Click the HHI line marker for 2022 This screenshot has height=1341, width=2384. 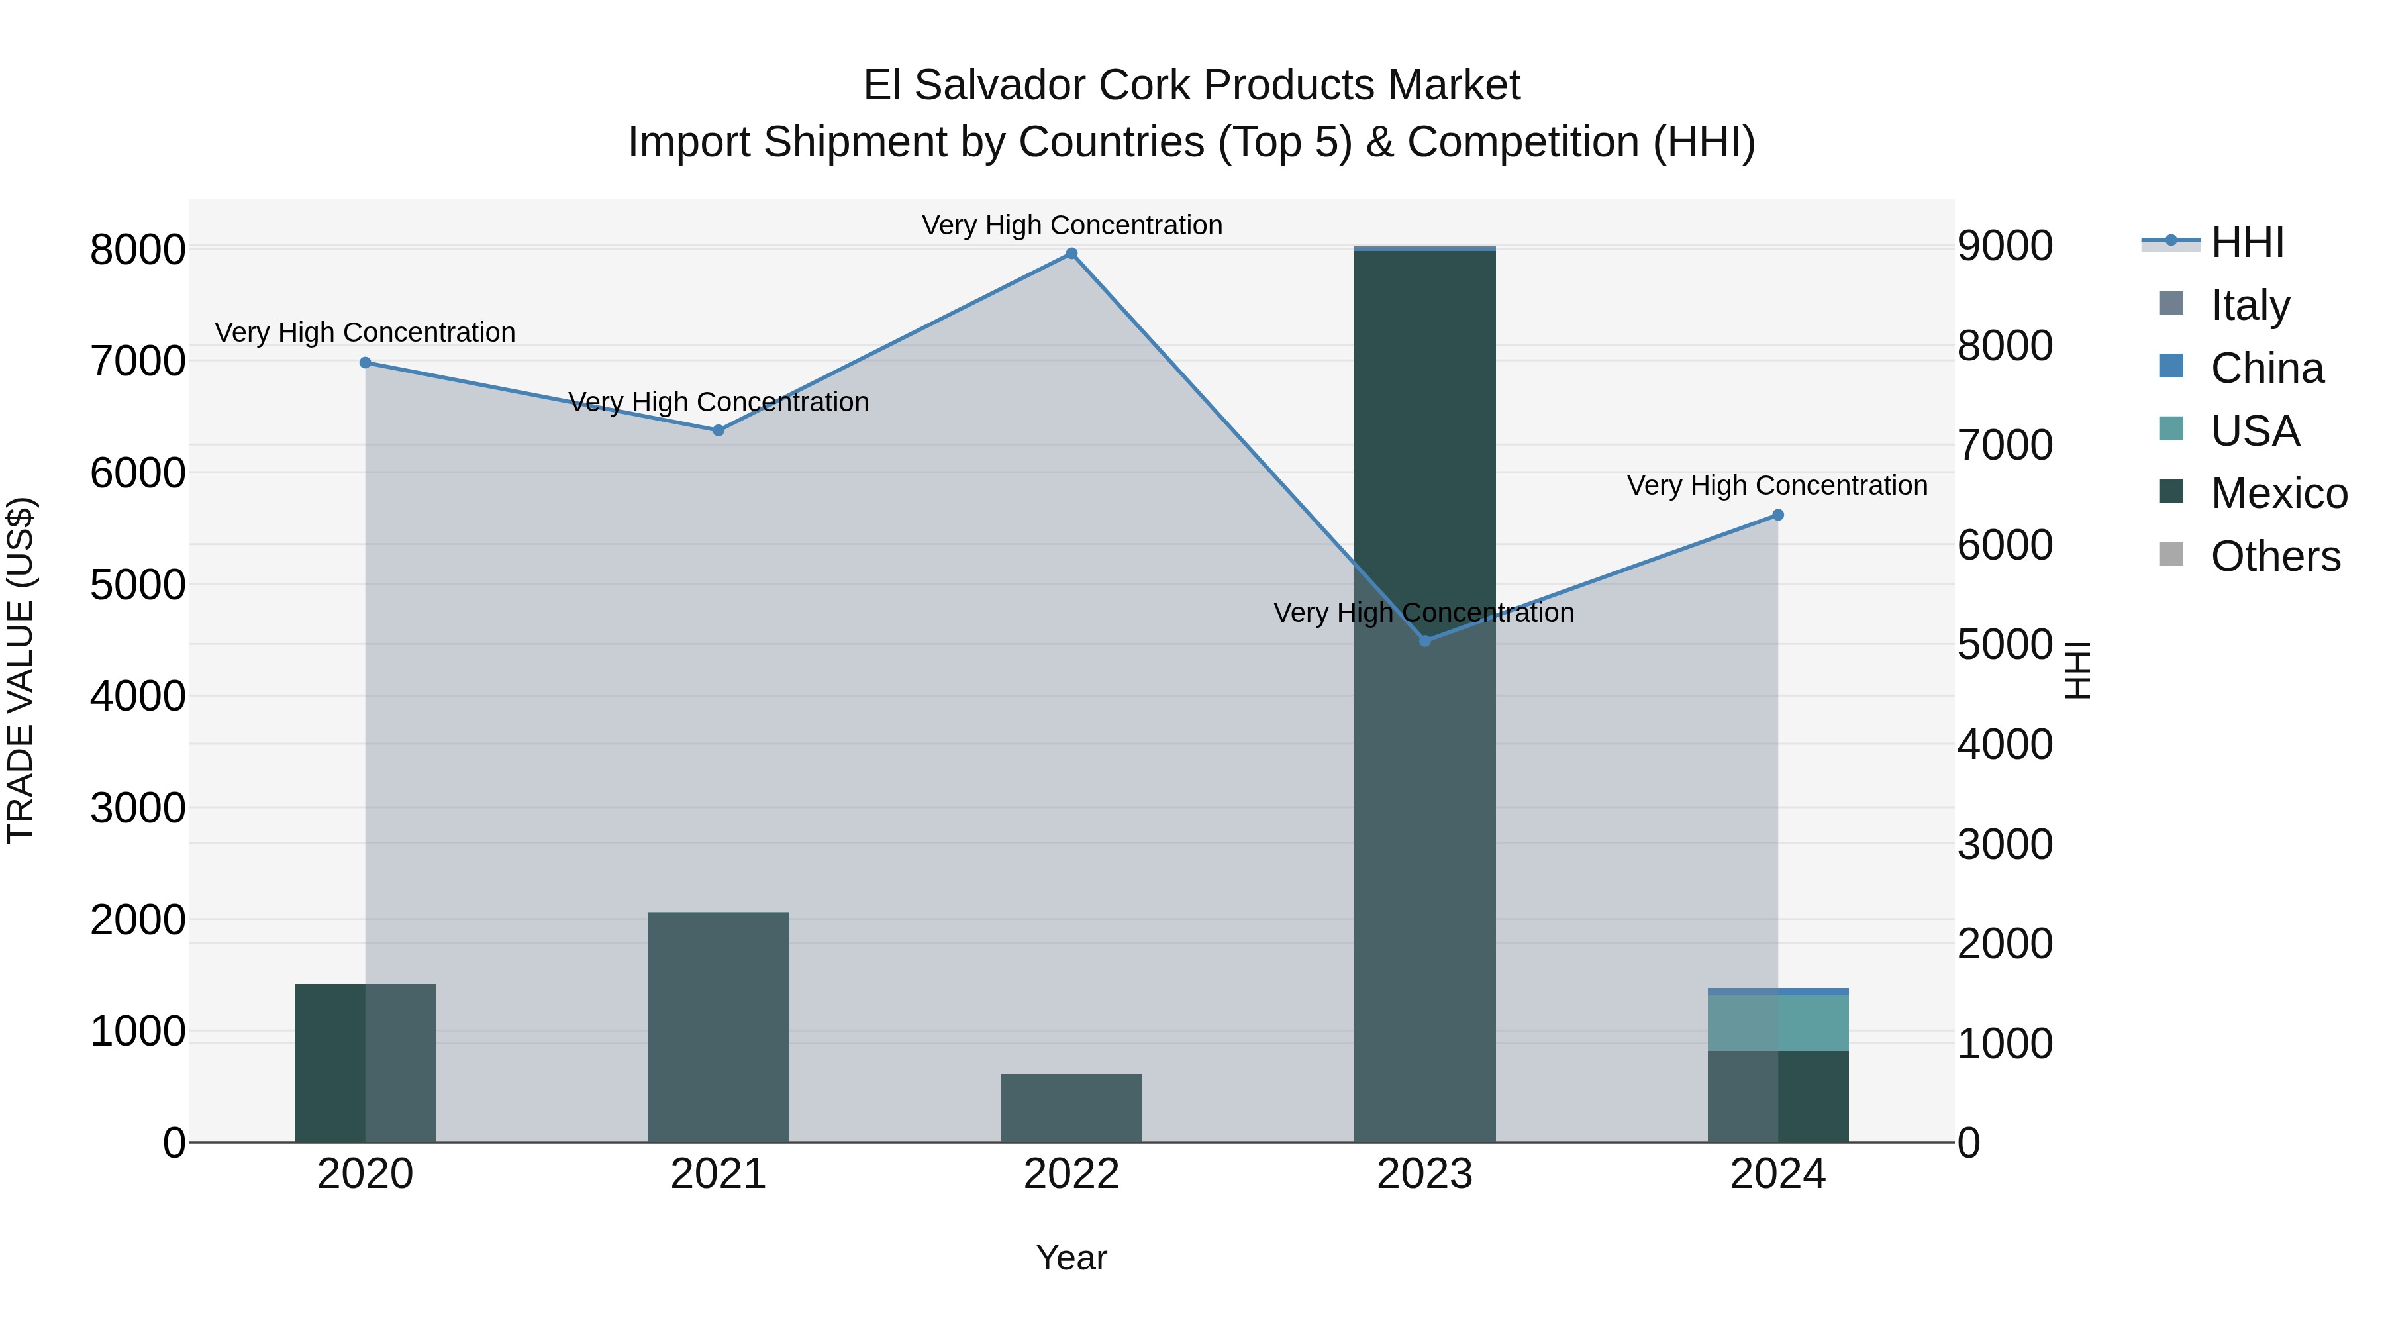coord(1071,254)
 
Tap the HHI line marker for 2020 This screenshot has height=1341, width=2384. coord(366,363)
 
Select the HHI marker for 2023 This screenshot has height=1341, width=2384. coord(1425,640)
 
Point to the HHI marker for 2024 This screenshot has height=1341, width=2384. coord(1778,515)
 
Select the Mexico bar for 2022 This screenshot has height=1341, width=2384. coord(1071,1108)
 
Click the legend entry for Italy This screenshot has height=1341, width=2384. coord(2249,305)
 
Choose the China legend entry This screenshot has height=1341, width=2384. coord(2265,368)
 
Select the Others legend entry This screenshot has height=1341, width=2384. coord(2274,556)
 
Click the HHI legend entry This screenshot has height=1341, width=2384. coord(2246,242)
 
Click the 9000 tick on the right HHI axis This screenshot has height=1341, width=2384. coord(2005,246)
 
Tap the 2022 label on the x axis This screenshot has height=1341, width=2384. coord(1071,1174)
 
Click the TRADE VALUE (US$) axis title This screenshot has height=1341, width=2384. coord(21,670)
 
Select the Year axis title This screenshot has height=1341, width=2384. coord(1071,1258)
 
